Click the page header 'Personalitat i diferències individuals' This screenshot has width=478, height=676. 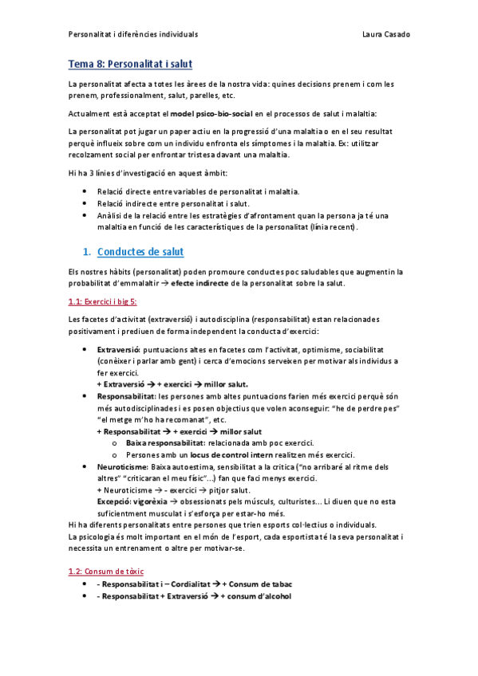click(133, 34)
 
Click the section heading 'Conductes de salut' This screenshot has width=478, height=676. click(140, 253)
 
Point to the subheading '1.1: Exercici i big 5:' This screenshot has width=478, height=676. click(103, 301)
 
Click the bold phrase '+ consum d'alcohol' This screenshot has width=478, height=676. click(256, 595)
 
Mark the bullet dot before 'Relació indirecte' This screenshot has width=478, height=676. click(85, 203)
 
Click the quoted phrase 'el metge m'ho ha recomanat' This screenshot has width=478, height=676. click(144, 419)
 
